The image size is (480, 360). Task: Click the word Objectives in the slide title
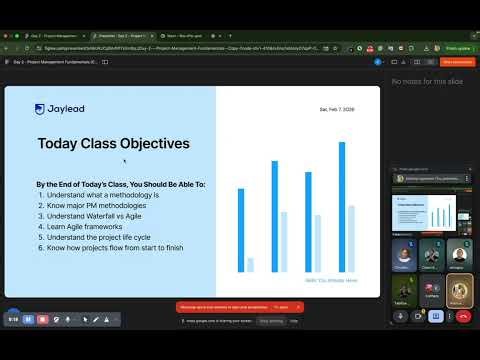coord(150,144)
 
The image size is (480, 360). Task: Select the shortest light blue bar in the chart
coord(250,264)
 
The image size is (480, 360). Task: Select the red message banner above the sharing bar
coord(240,306)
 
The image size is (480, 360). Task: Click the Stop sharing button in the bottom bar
coord(271,321)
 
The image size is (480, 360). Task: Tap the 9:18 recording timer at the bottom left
coord(14,319)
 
